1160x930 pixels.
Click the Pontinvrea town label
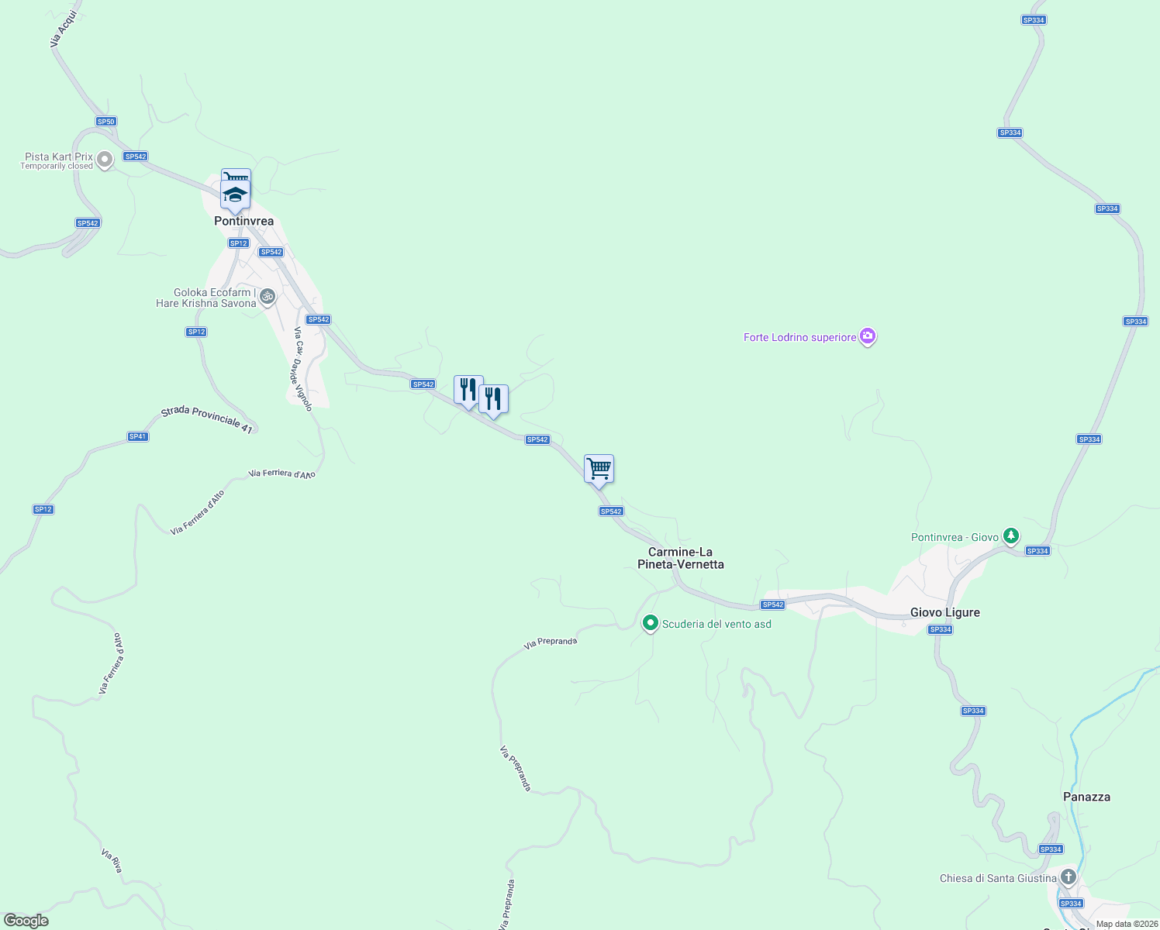pyautogui.click(x=243, y=221)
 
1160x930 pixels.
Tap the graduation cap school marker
pyautogui.click(x=235, y=195)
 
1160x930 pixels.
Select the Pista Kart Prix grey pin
pyautogui.click(x=105, y=160)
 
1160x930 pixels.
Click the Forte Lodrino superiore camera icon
pyautogui.click(x=868, y=336)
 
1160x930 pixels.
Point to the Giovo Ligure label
pyautogui.click(x=944, y=612)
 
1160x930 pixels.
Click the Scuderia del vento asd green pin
pyautogui.click(x=651, y=623)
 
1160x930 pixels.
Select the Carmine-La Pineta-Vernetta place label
pyautogui.click(x=681, y=558)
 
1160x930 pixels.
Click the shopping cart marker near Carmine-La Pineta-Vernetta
pyautogui.click(x=599, y=469)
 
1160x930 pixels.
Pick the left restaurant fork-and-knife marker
pyautogui.click(x=468, y=390)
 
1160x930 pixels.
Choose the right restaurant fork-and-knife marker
pyautogui.click(x=493, y=399)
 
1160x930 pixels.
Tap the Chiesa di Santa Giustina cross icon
pyautogui.click(x=1068, y=877)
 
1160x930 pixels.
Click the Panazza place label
pyautogui.click(x=1086, y=797)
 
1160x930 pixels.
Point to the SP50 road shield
pyautogui.click(x=106, y=122)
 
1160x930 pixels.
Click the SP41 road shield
pyautogui.click(x=138, y=436)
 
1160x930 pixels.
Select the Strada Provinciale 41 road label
pyautogui.click(x=207, y=420)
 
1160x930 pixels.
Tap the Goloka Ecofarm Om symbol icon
pyautogui.click(x=268, y=296)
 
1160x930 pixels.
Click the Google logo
pyautogui.click(x=26, y=921)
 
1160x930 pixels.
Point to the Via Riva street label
pyautogui.click(x=112, y=860)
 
